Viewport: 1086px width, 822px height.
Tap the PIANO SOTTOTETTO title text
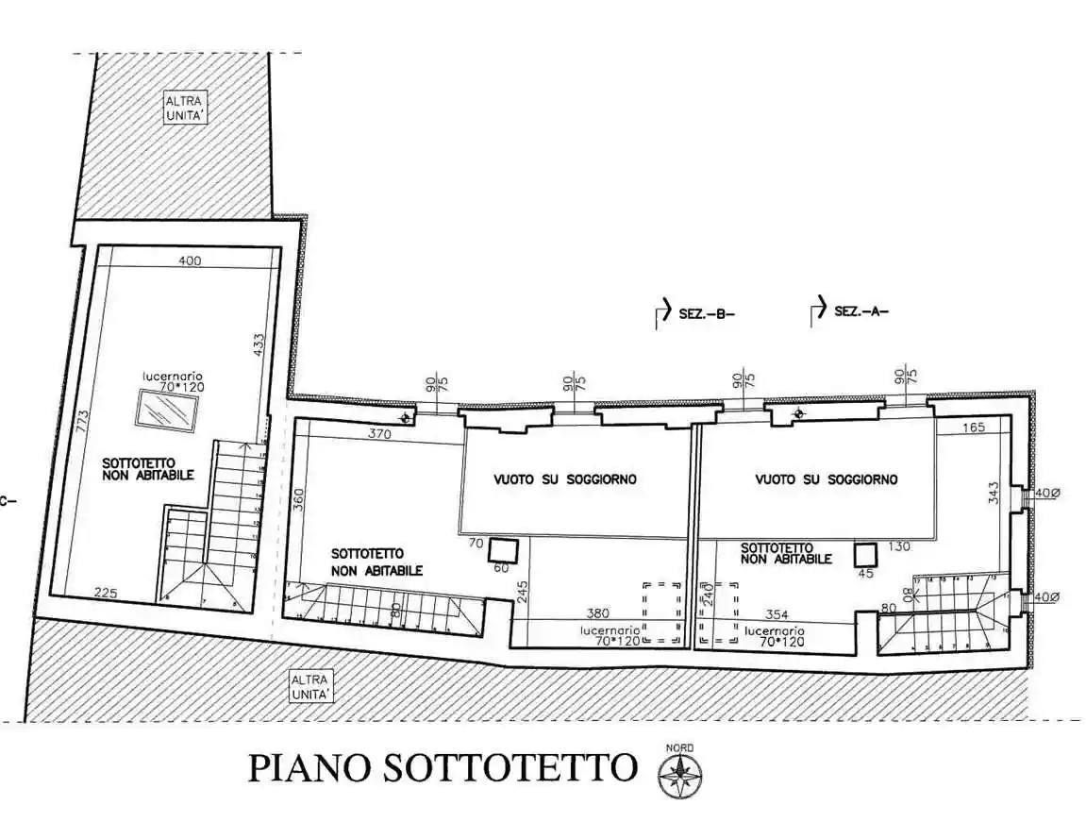pos(442,768)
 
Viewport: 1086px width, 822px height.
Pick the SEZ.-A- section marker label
pos(861,311)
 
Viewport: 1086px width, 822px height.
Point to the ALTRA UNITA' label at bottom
pos(310,686)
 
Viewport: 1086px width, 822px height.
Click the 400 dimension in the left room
pos(190,261)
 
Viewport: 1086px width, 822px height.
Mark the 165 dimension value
pos(974,428)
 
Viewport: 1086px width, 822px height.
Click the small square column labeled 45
pos(865,553)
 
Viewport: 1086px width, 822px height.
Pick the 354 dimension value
pos(777,614)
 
